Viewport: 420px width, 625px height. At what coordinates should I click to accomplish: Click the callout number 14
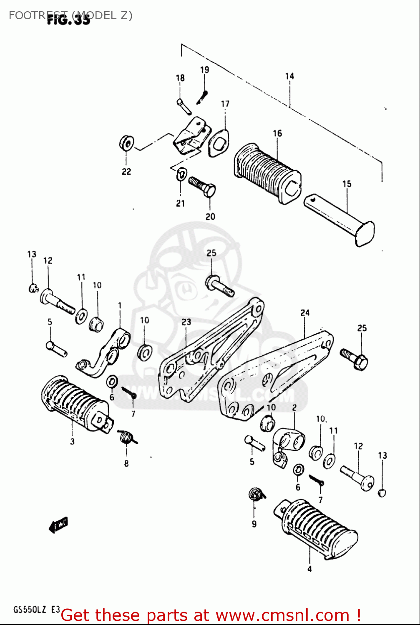click(289, 76)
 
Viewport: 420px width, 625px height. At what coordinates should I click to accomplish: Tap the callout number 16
click(277, 133)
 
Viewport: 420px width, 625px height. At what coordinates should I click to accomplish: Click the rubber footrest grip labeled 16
click(267, 173)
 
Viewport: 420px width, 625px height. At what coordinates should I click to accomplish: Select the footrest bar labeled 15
click(340, 219)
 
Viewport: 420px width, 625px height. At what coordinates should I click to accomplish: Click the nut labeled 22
click(126, 144)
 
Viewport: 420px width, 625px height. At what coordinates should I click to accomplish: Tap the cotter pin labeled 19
click(202, 97)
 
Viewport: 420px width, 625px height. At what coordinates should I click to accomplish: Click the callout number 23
click(186, 322)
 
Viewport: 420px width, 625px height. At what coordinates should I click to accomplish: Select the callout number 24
click(305, 312)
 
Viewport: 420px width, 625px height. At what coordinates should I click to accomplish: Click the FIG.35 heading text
click(68, 20)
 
